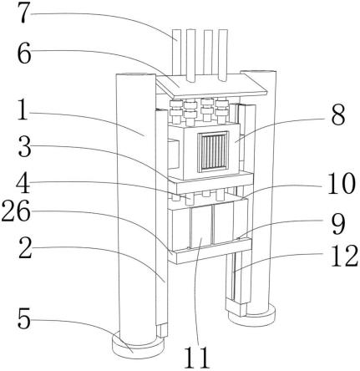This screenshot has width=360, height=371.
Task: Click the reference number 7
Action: coord(24,13)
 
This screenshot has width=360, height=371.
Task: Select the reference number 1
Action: coord(23,109)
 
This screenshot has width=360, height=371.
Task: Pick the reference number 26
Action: coord(16,211)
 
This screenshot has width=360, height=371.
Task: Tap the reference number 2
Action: coord(25,247)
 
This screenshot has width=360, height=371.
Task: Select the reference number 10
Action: coord(342,183)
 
